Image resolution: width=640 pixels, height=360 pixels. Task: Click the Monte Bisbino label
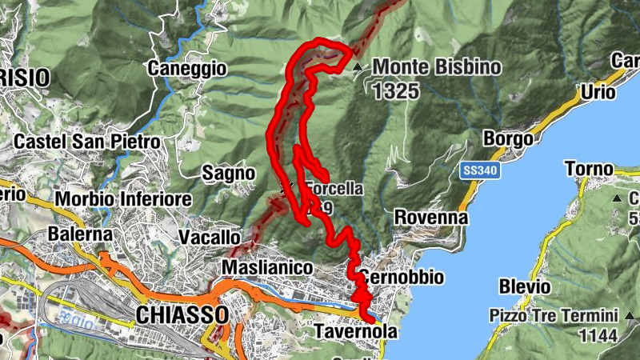[436, 67]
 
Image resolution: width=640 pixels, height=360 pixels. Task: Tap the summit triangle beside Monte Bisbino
[358, 67]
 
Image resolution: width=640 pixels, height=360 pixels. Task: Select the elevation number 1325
[395, 90]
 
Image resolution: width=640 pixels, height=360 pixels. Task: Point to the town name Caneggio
[187, 69]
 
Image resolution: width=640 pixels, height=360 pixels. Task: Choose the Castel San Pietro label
[87, 142]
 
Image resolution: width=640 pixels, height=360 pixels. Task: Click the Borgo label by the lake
[508, 139]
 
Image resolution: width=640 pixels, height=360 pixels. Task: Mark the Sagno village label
[228, 173]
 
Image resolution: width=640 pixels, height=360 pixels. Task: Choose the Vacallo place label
[209, 238]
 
